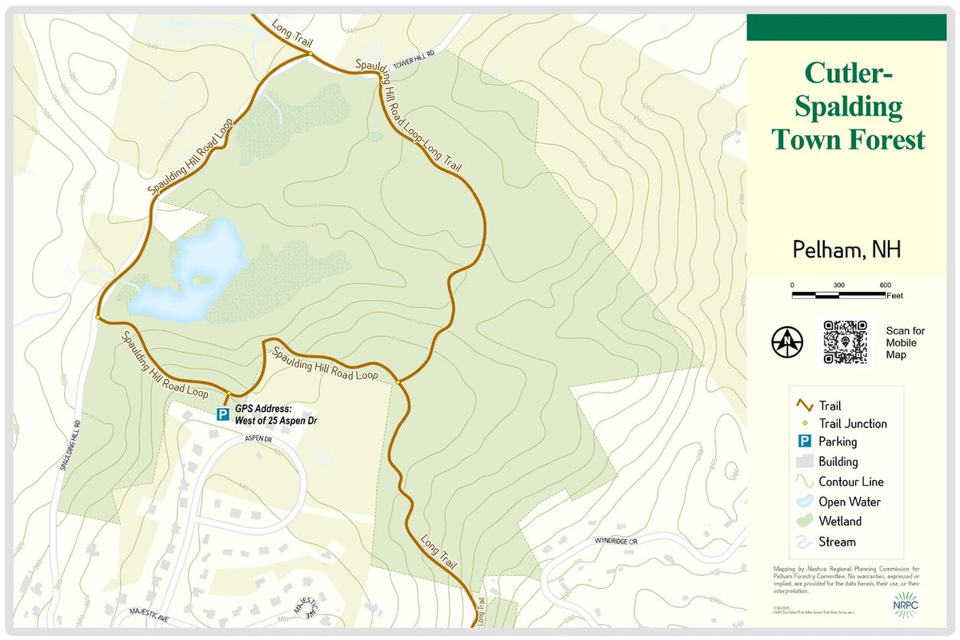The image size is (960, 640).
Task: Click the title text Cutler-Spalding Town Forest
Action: pyautogui.click(x=847, y=106)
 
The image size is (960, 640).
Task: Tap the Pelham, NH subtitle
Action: pyautogui.click(x=846, y=250)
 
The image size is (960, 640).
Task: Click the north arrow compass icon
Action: pyautogui.click(x=787, y=342)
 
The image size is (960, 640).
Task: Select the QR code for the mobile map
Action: pyautogui.click(x=845, y=342)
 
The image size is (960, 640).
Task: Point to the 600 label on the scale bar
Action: pyautogui.click(x=885, y=285)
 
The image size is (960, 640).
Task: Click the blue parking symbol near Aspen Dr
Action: pyautogui.click(x=223, y=414)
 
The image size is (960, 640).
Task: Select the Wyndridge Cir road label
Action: pyautogui.click(x=616, y=542)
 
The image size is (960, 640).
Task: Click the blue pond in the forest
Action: pyautogui.click(x=192, y=272)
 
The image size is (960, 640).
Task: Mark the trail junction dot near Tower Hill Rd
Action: pyautogui.click(x=309, y=54)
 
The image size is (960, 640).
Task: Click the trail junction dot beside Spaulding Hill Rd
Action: pyautogui.click(x=98, y=318)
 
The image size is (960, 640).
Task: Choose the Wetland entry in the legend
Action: pyautogui.click(x=839, y=522)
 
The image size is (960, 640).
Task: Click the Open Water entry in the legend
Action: pyautogui.click(x=848, y=502)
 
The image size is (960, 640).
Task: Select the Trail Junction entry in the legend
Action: pyautogui.click(x=851, y=424)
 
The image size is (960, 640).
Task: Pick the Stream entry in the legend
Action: pyautogui.click(x=836, y=542)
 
